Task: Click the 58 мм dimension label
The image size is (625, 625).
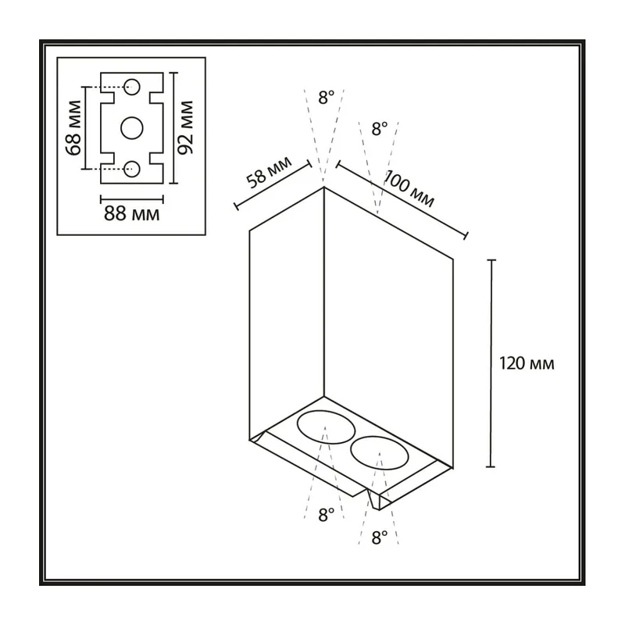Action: coord(269,173)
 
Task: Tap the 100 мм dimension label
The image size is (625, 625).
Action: coord(409,188)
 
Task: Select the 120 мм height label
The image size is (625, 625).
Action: coord(527,363)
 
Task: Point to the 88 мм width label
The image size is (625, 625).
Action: coord(131,214)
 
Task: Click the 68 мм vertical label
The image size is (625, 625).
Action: coord(74,127)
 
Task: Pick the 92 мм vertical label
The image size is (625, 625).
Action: coord(185,127)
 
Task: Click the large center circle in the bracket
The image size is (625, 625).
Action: coord(132,128)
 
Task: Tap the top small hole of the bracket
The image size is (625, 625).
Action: coord(132,87)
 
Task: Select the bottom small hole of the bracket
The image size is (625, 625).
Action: coord(132,169)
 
